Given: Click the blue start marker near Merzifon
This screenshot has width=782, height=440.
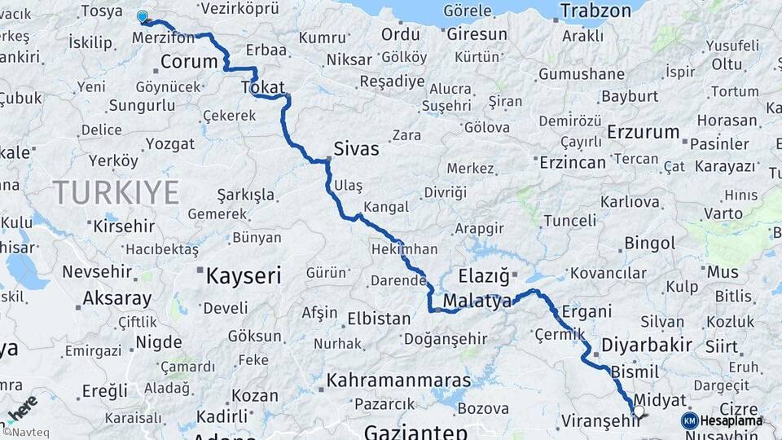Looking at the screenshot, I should [143, 16].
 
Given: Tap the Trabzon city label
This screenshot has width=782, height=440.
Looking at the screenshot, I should [595, 11].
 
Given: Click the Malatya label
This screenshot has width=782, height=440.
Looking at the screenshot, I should [477, 301].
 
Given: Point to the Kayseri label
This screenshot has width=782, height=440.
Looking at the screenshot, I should [243, 275].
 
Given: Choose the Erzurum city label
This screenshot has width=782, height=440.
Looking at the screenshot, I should [643, 132].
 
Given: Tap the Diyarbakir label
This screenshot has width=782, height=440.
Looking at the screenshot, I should [647, 345].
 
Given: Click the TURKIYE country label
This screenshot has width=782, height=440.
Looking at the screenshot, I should [116, 192].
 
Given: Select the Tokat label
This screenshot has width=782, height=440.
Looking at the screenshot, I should [262, 88].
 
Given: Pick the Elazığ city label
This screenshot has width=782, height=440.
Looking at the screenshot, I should [484, 275].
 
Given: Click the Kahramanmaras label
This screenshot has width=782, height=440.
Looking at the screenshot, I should [398, 381].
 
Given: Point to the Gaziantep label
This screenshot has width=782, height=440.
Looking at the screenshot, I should [415, 432].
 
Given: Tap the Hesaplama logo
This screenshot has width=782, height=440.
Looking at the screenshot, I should [722, 420].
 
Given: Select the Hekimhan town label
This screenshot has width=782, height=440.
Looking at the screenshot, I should [404, 249].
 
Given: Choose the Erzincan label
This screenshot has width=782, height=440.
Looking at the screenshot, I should [573, 162].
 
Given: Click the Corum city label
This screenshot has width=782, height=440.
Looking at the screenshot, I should [189, 62].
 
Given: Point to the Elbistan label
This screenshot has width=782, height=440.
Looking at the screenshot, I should [379, 319].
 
